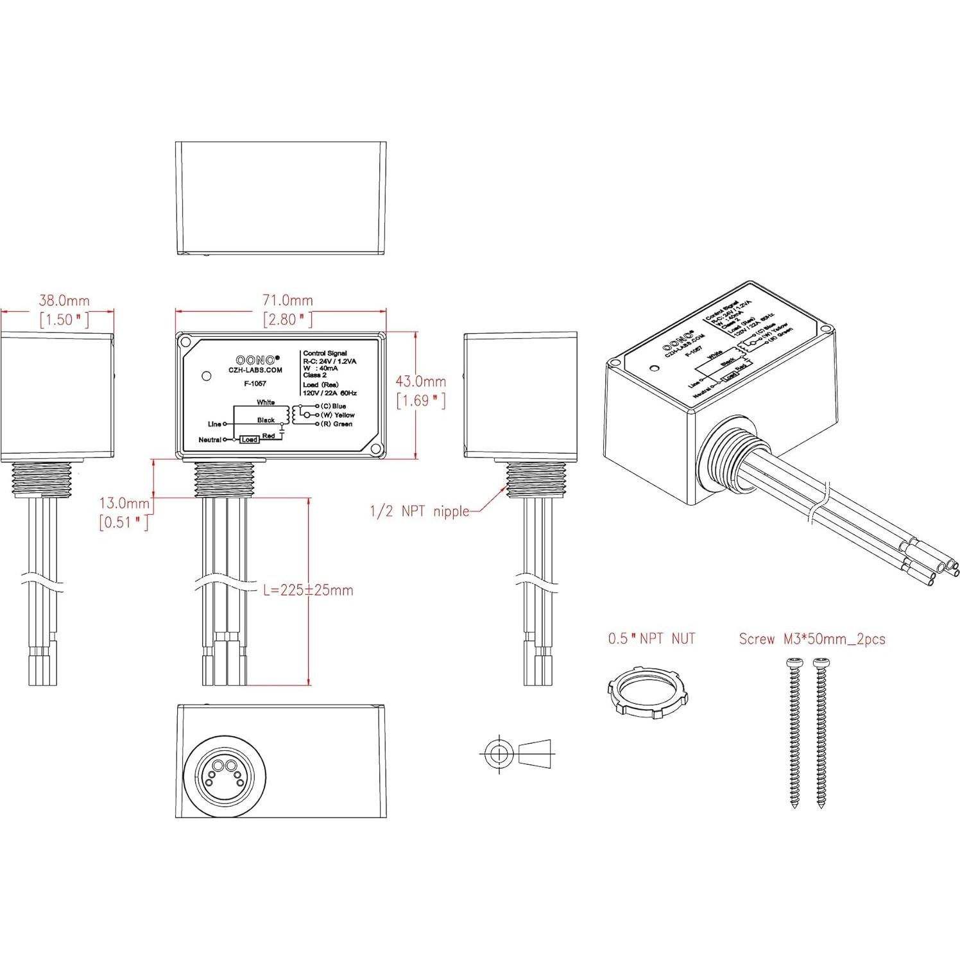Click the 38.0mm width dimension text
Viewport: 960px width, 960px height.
click(x=64, y=300)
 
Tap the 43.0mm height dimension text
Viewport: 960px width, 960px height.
click(x=420, y=381)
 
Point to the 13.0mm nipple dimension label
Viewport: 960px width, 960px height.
click(x=124, y=503)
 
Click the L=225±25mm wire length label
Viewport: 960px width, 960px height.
click(x=308, y=590)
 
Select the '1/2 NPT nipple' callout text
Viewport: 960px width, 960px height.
click(x=419, y=511)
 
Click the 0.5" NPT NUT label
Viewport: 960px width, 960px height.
click(x=651, y=639)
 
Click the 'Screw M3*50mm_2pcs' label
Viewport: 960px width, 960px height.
click(x=812, y=639)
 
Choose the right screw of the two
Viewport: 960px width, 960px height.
click(x=821, y=732)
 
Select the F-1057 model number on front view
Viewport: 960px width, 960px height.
click(x=255, y=384)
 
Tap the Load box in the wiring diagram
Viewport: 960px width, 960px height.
click(x=249, y=440)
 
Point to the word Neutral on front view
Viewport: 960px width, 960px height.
click(x=210, y=440)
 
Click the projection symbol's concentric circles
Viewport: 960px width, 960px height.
click(x=498, y=753)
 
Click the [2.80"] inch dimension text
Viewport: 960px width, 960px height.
click(x=287, y=320)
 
